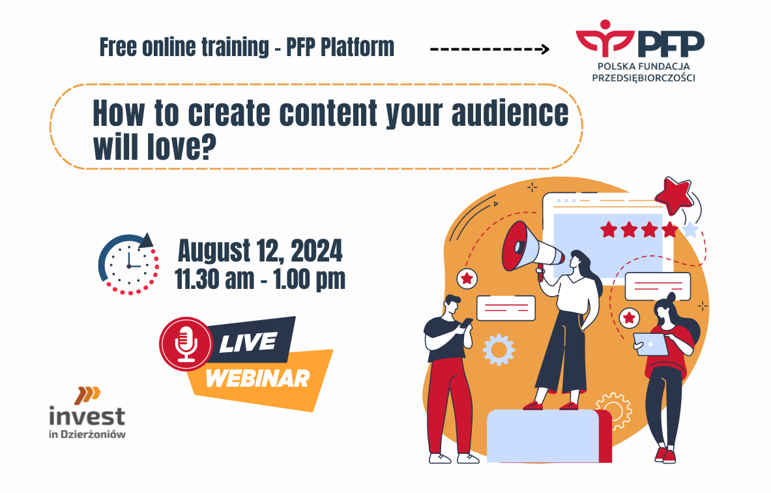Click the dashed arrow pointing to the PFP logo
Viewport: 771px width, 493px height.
click(x=489, y=49)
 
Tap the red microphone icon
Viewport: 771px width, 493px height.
click(x=186, y=344)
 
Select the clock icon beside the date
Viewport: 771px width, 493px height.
click(x=129, y=265)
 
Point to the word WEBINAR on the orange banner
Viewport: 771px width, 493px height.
click(x=257, y=378)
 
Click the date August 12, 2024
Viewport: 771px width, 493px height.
click(x=260, y=251)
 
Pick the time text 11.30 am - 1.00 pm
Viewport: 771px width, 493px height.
click(x=260, y=280)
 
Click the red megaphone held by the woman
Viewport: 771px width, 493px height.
click(x=531, y=248)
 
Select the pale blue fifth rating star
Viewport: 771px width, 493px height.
click(x=691, y=230)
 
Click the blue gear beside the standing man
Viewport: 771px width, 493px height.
click(x=499, y=350)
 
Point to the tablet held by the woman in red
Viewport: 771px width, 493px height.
click(x=650, y=344)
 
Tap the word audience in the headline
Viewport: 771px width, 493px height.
click(x=510, y=113)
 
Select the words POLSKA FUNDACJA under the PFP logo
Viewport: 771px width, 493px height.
click(x=644, y=66)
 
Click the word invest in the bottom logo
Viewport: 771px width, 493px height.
click(x=87, y=416)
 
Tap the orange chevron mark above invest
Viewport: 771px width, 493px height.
click(x=87, y=395)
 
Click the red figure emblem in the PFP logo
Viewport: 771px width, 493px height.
click(x=605, y=37)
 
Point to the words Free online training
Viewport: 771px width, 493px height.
click(x=184, y=47)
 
